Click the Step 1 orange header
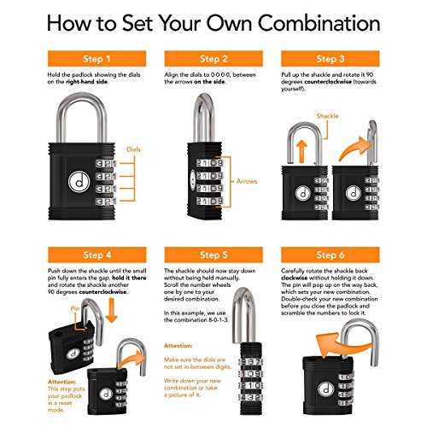97,59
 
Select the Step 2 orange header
213,59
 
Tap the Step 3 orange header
330,59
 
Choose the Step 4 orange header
97,254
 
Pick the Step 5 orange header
213,254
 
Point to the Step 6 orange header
330,254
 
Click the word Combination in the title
319,23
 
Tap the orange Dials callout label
133,149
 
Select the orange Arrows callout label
247,181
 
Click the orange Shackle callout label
327,116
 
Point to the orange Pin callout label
75,309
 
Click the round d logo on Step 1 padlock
79,182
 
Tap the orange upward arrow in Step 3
301,152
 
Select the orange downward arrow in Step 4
111,310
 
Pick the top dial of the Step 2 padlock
210,163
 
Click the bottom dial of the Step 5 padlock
250,397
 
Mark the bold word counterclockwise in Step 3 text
328,82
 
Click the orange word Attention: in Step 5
178,346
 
